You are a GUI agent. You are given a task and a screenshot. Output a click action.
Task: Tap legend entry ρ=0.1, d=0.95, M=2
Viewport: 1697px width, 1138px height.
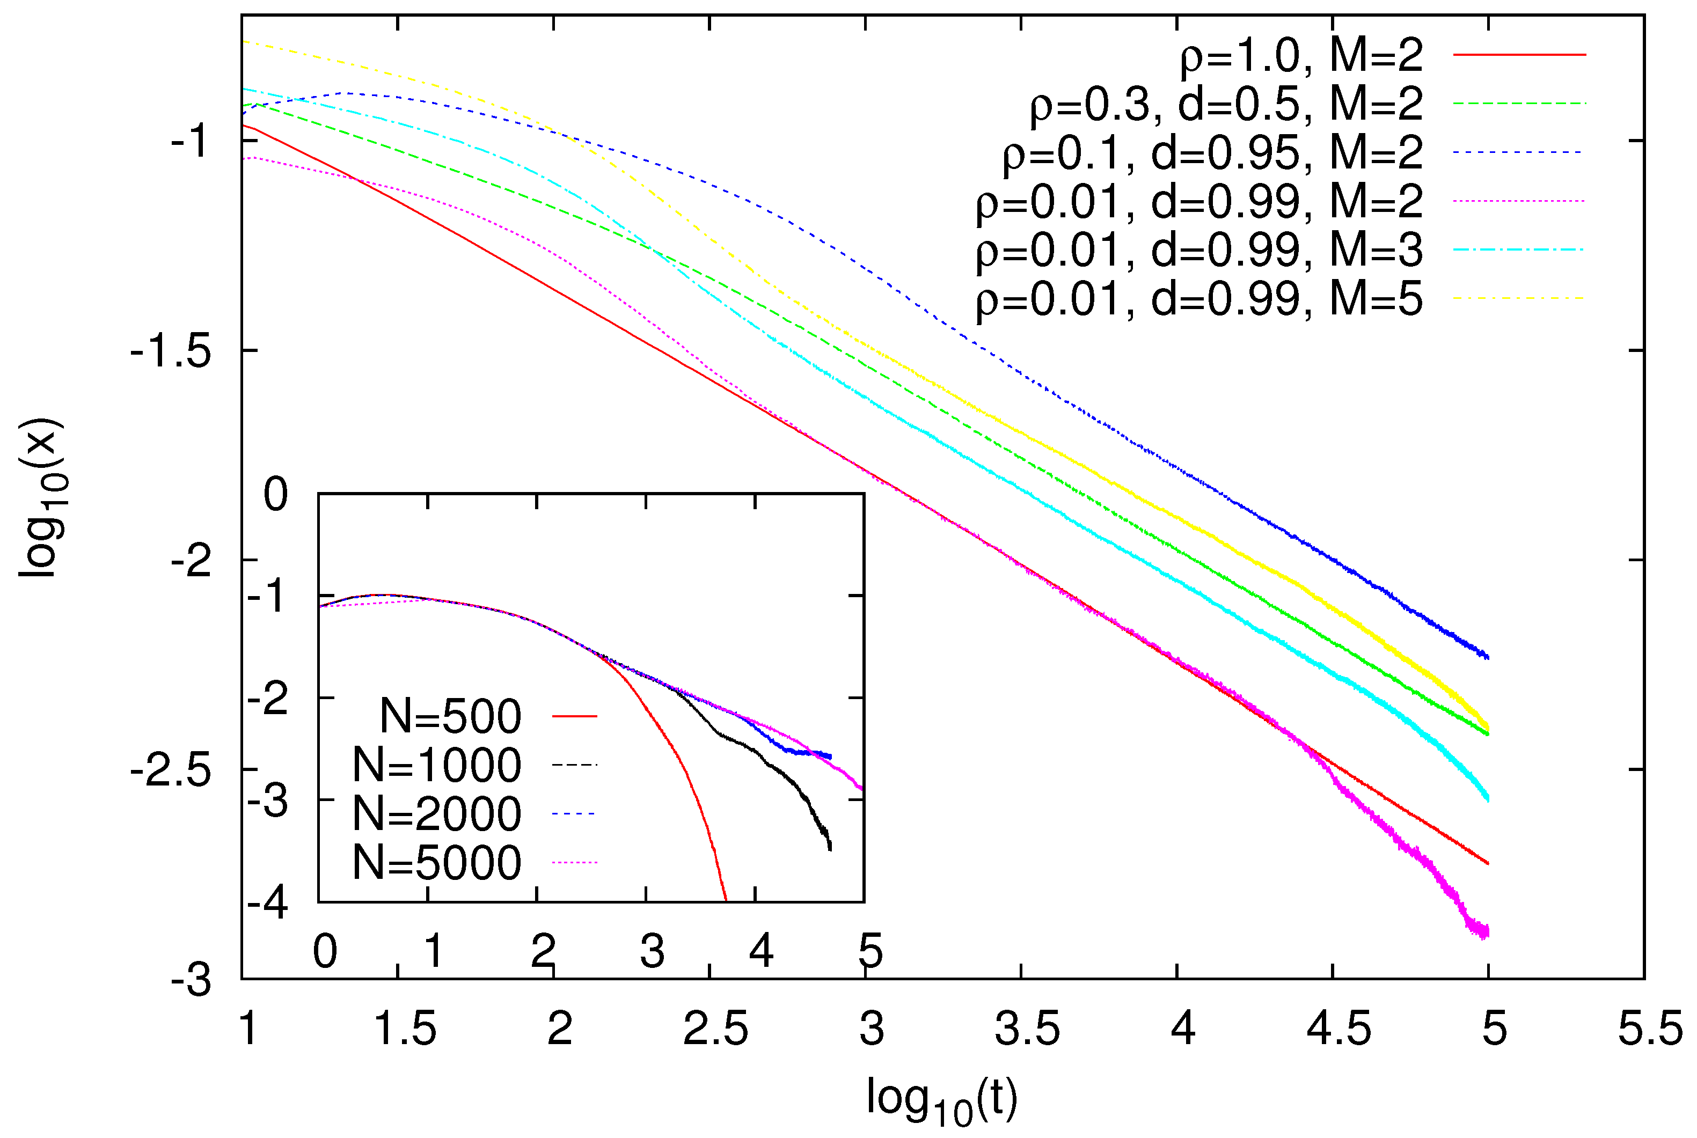tap(1212, 153)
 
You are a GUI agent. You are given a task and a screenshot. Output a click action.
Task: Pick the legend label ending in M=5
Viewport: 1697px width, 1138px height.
tap(1198, 299)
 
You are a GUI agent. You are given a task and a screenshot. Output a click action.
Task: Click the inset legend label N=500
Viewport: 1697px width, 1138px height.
tap(450, 716)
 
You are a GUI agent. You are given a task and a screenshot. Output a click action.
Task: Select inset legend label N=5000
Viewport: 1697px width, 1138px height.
tap(436, 863)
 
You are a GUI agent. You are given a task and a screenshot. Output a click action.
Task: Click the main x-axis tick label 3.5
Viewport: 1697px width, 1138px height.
tap(1027, 1029)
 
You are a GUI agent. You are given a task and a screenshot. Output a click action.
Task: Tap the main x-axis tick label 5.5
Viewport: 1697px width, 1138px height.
tap(1650, 1029)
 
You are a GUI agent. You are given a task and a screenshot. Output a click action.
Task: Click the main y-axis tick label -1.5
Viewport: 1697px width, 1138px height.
tap(171, 353)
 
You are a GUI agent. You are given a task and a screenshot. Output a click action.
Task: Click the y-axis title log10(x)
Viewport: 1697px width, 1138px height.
tap(42, 498)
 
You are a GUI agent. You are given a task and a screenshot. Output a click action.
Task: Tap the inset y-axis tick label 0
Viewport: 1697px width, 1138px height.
tap(275, 496)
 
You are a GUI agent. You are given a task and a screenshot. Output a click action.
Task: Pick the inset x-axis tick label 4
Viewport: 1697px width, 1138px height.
tap(760, 950)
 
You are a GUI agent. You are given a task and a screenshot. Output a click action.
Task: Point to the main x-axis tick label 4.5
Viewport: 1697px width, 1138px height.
tap(1338, 1029)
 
